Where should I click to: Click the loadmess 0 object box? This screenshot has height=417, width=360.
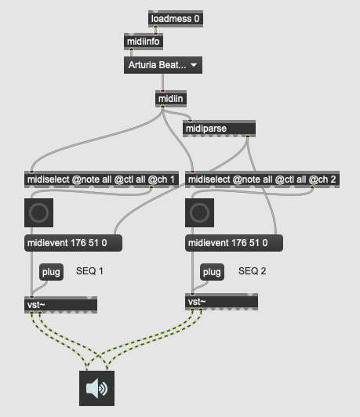176,19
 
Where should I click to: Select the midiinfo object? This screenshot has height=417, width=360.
144,42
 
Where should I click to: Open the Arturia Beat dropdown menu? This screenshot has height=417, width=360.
163,65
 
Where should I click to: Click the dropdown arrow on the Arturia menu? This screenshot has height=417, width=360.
194,65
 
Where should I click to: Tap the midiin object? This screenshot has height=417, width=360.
171,99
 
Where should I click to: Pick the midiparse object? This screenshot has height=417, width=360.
220,129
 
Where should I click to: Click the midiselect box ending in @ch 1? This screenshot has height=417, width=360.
101,179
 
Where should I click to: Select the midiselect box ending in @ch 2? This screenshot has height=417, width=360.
262,179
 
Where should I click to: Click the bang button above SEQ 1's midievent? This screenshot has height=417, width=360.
39,212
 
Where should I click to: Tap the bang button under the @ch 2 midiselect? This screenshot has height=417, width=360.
199,212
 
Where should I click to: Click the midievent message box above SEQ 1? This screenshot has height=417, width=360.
74,243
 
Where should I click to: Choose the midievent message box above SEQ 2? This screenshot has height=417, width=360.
235,243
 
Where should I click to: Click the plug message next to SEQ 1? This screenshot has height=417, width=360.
51,272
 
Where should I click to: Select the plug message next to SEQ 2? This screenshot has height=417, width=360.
212,272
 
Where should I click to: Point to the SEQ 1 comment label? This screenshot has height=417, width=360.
89,271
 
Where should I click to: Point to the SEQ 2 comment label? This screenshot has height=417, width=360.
253,271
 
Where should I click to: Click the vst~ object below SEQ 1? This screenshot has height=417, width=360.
60,305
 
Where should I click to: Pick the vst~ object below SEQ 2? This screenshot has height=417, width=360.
221,302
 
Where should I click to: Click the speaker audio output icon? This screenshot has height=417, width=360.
96,388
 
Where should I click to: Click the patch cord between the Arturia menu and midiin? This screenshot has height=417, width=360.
162,82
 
